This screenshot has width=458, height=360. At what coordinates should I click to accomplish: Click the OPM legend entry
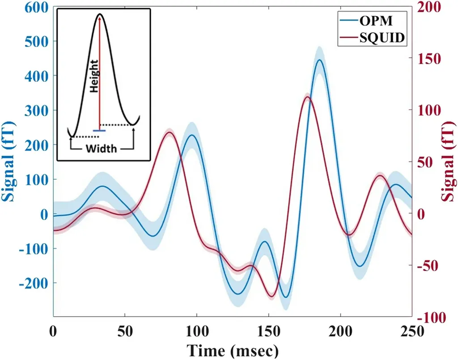pyautogui.click(x=376, y=21)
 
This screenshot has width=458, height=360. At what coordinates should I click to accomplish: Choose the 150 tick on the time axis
pyautogui.click(x=269, y=331)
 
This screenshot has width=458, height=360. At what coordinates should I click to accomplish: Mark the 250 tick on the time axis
pyautogui.click(x=411, y=331)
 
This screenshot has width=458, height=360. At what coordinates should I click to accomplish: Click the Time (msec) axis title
pyautogui.click(x=232, y=350)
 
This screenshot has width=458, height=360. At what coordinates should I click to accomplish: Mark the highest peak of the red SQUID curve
pyautogui.click(x=307, y=97)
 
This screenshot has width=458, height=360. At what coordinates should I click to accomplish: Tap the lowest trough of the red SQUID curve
pyautogui.click(x=271, y=296)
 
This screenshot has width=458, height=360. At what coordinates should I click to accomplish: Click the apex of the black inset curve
pyautogui.click(x=100, y=14)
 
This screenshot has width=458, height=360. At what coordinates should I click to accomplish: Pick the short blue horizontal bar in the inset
pyautogui.click(x=99, y=131)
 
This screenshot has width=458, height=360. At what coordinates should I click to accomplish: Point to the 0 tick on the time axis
pyautogui.click(x=54, y=331)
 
